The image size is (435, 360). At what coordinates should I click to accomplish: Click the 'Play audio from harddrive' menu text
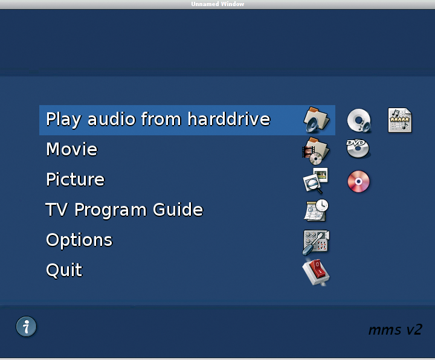[x=158, y=119]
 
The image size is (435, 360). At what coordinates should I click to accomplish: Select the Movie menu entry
[x=72, y=149]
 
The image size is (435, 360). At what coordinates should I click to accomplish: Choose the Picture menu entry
[x=76, y=179]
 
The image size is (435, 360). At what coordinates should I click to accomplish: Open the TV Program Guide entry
[x=124, y=210]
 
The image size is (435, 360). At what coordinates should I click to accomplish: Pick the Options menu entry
[x=79, y=240]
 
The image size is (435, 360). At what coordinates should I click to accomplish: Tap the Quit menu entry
[x=65, y=270]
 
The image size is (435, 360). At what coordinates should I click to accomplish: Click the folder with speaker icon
[x=316, y=120]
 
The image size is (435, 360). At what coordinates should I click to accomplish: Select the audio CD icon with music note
[x=359, y=120]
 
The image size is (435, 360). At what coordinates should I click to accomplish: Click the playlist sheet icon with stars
[x=400, y=120]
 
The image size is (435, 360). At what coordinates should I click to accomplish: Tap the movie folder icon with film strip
[x=316, y=150]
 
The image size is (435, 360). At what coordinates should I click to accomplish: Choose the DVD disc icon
[x=358, y=149]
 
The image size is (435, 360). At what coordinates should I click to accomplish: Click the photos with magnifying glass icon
[x=315, y=181]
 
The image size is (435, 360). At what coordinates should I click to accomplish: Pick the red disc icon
[x=358, y=181]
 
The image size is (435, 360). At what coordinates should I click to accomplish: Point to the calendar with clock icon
[x=316, y=210]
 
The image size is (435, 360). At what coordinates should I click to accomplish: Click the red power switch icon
[x=316, y=272]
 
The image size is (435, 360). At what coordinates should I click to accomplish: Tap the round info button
[x=26, y=326]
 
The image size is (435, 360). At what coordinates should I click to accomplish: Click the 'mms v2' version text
[x=395, y=329]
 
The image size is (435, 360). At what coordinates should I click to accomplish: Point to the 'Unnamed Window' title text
[x=217, y=4]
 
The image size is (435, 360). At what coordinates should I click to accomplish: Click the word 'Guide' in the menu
[x=178, y=210]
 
